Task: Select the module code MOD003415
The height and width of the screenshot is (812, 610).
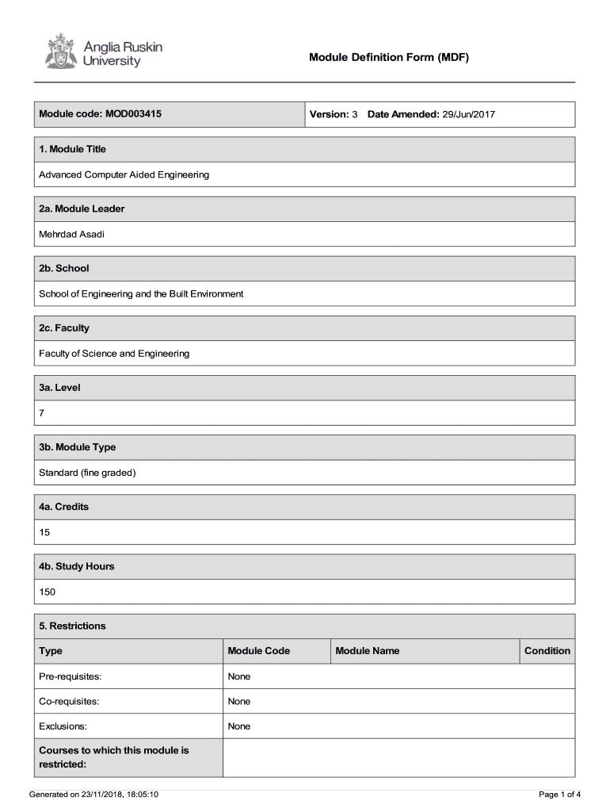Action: point(133,114)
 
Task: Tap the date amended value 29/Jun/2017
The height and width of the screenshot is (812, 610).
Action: point(468,114)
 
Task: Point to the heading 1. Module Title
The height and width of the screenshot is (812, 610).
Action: point(72,149)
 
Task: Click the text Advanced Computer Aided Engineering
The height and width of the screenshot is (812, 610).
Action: point(124,174)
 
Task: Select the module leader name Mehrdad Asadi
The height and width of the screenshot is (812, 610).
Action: point(71,234)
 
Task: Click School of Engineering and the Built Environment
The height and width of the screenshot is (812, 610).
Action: point(141,293)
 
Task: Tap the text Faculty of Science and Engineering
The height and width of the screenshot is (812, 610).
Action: point(114,353)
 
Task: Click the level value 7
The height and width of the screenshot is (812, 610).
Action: point(42,413)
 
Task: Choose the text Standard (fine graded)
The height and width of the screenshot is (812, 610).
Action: point(88,473)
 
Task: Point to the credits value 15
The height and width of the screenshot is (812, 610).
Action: point(44,532)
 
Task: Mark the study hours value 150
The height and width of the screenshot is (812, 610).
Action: point(47,592)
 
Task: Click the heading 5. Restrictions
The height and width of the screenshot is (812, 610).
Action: point(72,626)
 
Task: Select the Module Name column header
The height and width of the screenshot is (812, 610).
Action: point(367,651)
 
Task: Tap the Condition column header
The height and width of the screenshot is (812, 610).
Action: point(547,651)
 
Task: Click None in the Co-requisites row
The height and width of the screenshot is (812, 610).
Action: point(238,701)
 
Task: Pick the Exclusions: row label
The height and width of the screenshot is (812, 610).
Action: point(63,726)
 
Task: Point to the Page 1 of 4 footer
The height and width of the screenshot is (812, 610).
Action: point(559,794)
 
